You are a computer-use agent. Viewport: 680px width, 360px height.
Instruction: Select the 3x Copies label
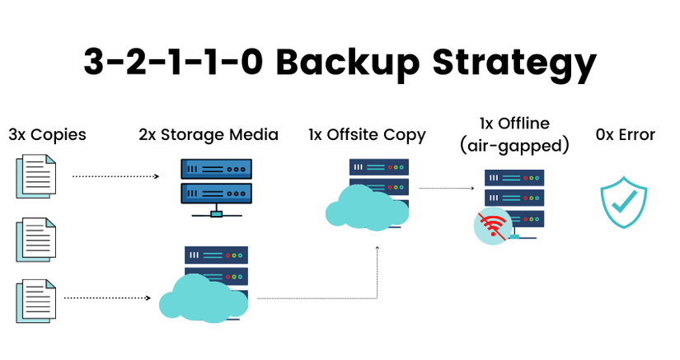pos(47,134)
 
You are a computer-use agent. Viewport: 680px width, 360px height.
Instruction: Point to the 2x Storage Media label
pos(209,134)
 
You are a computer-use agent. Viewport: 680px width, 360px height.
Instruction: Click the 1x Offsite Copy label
pos(367,134)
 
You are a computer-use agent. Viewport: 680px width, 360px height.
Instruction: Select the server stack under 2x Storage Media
pos(216,183)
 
